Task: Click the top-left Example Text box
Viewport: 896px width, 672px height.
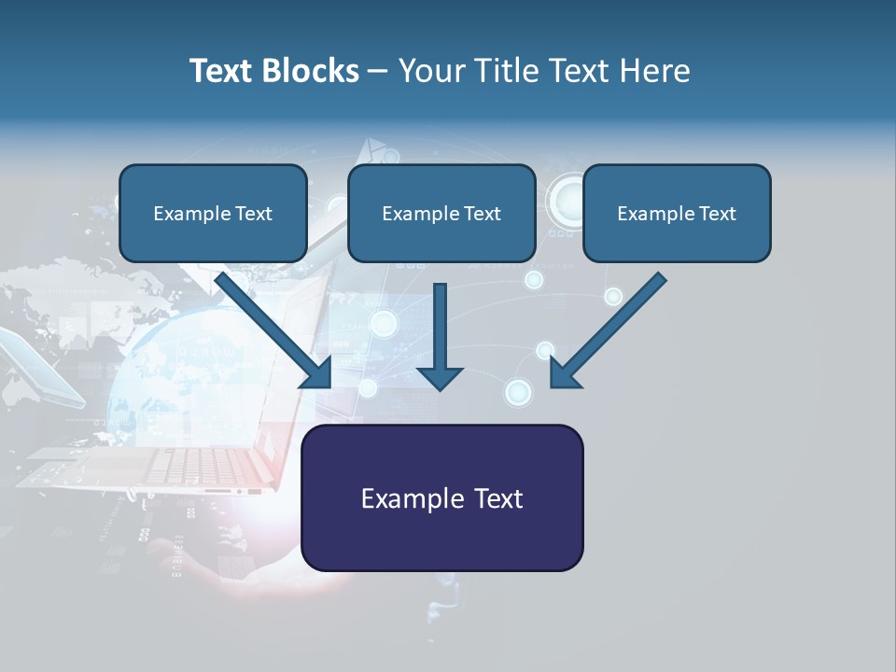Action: point(213,214)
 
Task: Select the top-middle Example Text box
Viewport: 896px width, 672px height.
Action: point(441,214)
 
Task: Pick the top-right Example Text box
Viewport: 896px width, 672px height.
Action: point(677,214)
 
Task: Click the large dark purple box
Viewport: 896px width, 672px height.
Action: point(442,497)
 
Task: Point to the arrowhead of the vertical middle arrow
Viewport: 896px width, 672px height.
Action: point(440,377)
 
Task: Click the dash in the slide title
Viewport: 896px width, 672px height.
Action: point(378,71)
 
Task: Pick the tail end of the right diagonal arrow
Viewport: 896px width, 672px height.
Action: point(660,279)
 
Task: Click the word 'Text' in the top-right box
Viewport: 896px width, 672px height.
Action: point(717,214)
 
